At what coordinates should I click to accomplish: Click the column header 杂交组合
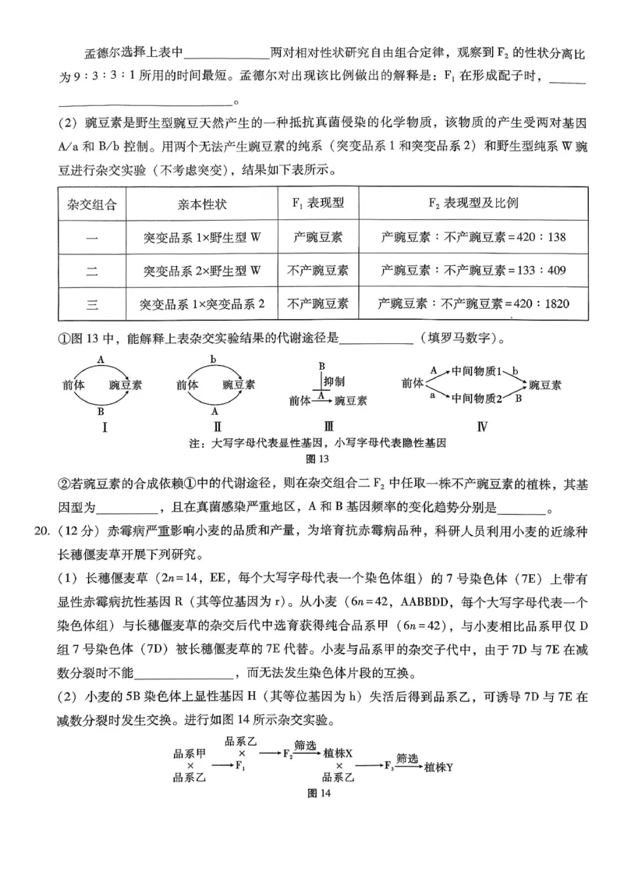pyautogui.click(x=92, y=204)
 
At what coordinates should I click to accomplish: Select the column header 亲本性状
pyautogui.click(x=202, y=204)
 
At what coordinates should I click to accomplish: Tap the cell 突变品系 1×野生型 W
pyautogui.click(x=202, y=236)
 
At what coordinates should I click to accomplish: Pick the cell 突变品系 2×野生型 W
pyautogui.click(x=202, y=270)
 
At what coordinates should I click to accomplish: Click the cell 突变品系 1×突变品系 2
pyautogui.click(x=202, y=303)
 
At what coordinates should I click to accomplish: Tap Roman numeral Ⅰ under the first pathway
pyautogui.click(x=104, y=427)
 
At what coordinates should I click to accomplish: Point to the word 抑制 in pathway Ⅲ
pyautogui.click(x=333, y=381)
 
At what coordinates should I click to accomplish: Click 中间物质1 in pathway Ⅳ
pyautogui.click(x=476, y=371)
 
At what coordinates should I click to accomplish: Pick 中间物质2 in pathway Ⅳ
pyautogui.click(x=476, y=399)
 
